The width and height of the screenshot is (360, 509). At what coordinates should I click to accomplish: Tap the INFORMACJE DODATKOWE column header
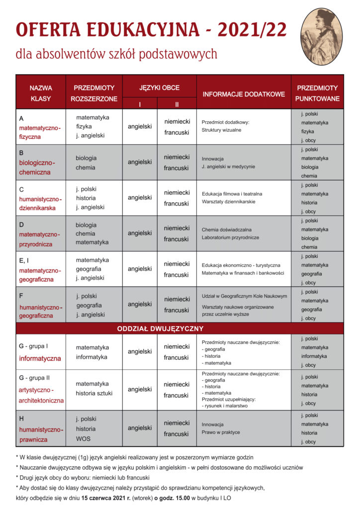coord(243,93)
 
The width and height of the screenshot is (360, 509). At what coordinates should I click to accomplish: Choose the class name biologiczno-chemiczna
coord(37,168)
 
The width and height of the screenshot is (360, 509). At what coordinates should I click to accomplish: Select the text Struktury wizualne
coord(221,130)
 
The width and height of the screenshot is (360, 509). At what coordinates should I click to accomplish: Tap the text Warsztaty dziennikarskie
coord(228,202)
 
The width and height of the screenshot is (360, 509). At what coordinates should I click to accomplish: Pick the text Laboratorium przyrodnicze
coord(230,238)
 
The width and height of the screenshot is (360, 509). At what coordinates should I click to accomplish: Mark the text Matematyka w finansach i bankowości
coord(243,273)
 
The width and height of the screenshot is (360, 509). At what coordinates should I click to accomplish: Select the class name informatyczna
coord(40,358)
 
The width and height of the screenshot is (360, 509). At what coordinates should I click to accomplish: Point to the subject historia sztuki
coord(94,393)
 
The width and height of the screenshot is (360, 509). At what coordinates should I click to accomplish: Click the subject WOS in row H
coord(83,439)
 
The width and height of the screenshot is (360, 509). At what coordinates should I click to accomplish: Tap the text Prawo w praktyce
coord(221,432)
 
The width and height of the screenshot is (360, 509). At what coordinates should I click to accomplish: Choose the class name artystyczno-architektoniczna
coord(41,395)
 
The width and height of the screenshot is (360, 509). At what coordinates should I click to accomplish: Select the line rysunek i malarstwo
coord(226,406)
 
